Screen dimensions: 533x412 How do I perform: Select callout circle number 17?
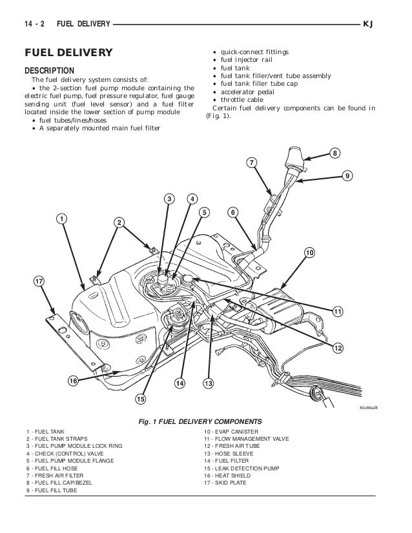coord(39,281)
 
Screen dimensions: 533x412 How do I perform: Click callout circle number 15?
coord(140,399)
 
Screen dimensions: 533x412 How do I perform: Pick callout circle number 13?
coord(208,383)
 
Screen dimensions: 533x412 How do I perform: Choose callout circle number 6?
coord(232,212)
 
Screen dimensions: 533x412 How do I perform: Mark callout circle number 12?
coord(336,348)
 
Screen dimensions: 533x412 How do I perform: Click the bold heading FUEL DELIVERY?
coord(68,52)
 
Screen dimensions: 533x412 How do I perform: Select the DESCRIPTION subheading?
coord(49,70)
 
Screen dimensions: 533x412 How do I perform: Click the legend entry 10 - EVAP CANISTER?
coord(231,430)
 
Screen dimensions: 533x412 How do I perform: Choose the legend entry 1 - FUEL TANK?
coord(45,430)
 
